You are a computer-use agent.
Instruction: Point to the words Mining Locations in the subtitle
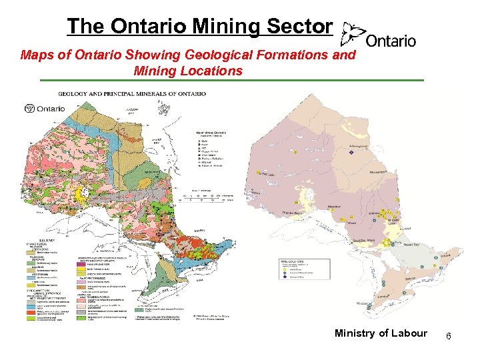(x=188, y=70)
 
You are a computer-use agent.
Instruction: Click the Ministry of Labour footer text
(x=381, y=333)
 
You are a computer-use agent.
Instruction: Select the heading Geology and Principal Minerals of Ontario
(x=132, y=93)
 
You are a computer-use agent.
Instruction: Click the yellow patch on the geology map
(x=83, y=194)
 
